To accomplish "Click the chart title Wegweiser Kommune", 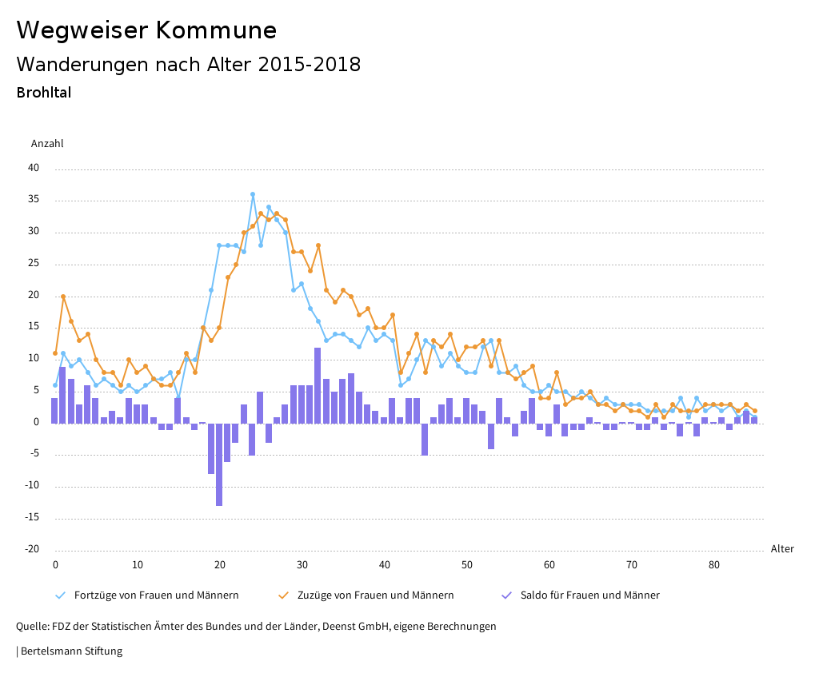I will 146,30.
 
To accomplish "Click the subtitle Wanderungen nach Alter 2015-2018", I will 188,65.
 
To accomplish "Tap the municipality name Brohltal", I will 44,93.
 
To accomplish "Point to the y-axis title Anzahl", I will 47,144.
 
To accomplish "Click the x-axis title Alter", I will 782,549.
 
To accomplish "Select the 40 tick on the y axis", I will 34,169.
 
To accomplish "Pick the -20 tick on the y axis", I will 31,549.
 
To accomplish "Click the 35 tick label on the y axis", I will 34,201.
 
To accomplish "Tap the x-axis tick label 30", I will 302,565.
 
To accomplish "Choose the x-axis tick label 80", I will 713,565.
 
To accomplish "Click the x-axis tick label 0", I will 55,565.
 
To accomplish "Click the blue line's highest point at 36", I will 253,194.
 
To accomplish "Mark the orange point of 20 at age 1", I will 63,297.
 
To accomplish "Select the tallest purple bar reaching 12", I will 318,385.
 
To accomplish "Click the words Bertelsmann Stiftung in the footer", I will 71,651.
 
